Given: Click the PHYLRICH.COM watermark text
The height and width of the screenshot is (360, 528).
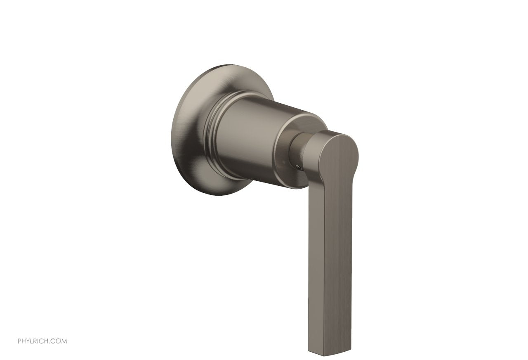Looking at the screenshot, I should pos(42,341).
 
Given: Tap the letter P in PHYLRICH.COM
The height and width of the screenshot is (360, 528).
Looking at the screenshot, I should pos(19,341).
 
